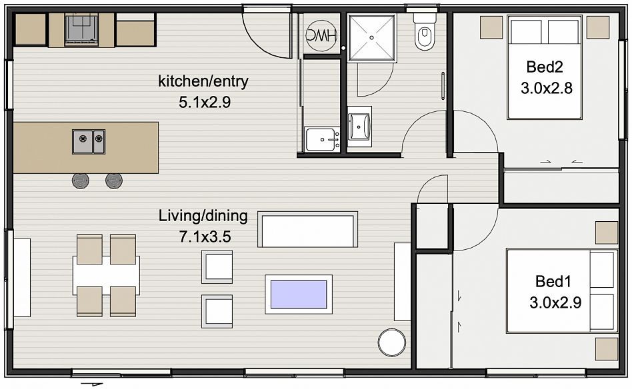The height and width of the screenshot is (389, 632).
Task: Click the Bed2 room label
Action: (x=544, y=67)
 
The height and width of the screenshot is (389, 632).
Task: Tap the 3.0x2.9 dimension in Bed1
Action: (x=555, y=302)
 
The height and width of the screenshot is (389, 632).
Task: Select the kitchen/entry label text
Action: (x=203, y=81)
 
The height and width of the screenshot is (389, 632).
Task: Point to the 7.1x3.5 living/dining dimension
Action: (x=205, y=236)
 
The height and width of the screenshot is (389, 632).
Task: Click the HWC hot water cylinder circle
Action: (x=321, y=35)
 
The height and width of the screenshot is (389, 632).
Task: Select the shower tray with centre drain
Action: (x=371, y=38)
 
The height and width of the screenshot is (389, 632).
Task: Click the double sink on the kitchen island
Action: (x=89, y=142)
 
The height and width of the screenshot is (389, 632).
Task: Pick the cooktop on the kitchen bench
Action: (x=81, y=29)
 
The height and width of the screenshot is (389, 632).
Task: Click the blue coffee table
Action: (x=299, y=294)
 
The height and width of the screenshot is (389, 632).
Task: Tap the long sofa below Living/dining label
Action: (x=307, y=229)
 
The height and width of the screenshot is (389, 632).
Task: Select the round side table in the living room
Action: (x=392, y=342)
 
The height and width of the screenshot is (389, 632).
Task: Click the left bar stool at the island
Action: (x=81, y=181)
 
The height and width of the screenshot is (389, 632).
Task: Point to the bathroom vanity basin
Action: (x=359, y=125)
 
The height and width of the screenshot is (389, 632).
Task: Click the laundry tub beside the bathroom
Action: (x=322, y=139)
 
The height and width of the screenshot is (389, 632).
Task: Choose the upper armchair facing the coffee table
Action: (x=217, y=267)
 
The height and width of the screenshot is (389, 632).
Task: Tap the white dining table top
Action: (x=107, y=276)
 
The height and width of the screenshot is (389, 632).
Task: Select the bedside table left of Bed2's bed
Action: (x=491, y=28)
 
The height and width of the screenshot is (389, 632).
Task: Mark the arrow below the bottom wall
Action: (x=92, y=384)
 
